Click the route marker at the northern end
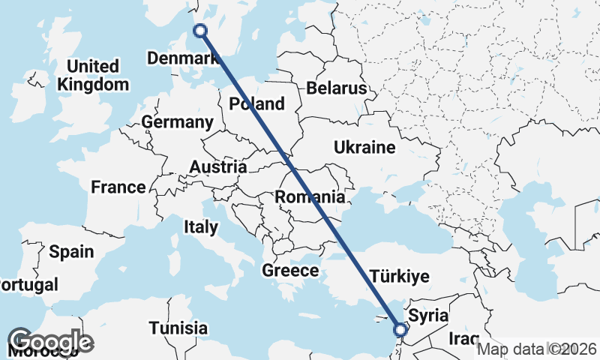pyautogui.click(x=200, y=31)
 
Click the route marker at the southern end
pyautogui.click(x=400, y=329)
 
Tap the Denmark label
pyautogui.click(x=179, y=58)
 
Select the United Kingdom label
pyautogui.click(x=93, y=75)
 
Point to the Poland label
pyautogui.click(x=257, y=103)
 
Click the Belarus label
pyautogui.click(x=336, y=88)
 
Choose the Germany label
pyautogui.click(x=177, y=121)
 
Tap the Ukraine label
pyautogui.click(x=364, y=147)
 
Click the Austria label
pyautogui.click(x=218, y=166)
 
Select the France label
pyautogui.click(x=118, y=187)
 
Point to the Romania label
pyautogui.click(x=310, y=197)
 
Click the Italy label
pyautogui.click(x=201, y=226)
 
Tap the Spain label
pyautogui.click(x=71, y=251)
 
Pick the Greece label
pyautogui.click(x=290, y=270)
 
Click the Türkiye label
pyautogui.click(x=400, y=276)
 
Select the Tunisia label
pyautogui.click(x=178, y=328)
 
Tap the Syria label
pyautogui.click(x=430, y=316)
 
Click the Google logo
pyautogui.click(x=51, y=341)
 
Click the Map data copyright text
pyautogui.click(x=536, y=348)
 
